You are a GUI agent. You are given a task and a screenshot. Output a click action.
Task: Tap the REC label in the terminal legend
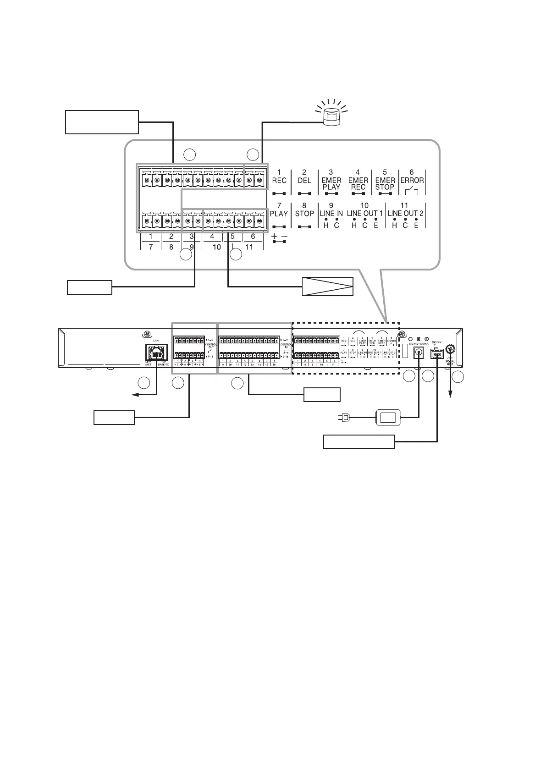pyautogui.click(x=279, y=180)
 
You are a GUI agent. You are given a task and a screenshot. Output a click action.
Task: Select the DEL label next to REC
pyautogui.click(x=304, y=180)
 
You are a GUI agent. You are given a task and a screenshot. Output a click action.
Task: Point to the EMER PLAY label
pyautogui.click(x=331, y=183)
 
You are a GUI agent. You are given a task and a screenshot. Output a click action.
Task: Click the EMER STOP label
pyautogui.click(x=385, y=183)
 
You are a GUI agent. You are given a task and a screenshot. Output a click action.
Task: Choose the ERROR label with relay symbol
pyautogui.click(x=411, y=180)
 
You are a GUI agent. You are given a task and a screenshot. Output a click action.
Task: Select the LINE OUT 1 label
pyautogui.click(x=364, y=213)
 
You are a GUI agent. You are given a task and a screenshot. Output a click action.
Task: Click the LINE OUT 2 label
pyautogui.click(x=405, y=213)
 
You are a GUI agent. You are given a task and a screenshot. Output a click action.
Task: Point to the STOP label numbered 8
pyautogui.click(x=304, y=213)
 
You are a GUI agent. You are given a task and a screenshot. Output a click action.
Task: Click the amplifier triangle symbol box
pyautogui.click(x=327, y=287)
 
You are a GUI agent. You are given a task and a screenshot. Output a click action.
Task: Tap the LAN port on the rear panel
pyautogui.click(x=156, y=353)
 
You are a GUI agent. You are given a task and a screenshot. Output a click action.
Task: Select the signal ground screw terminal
pyautogui.click(x=450, y=349)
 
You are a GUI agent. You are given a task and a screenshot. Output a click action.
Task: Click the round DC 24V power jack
pyautogui.click(x=419, y=353)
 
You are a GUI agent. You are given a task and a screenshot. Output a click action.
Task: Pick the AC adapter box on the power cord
pyautogui.click(x=388, y=417)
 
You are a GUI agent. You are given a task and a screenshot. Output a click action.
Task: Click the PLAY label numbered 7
pyautogui.click(x=279, y=213)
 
